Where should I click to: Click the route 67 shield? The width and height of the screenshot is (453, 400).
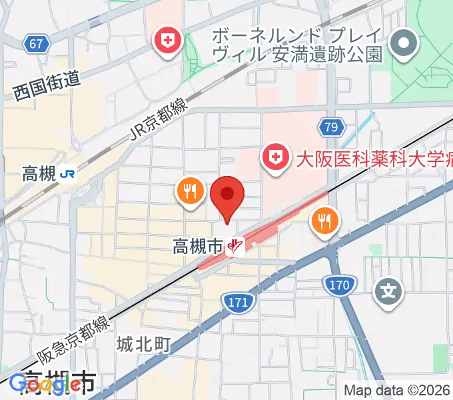(37, 45)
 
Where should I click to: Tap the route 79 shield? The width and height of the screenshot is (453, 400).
(331, 127)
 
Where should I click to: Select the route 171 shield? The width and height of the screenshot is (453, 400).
(236, 302)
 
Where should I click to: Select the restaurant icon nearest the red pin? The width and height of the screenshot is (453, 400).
(190, 193)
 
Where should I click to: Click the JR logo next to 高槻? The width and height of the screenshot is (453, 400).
(67, 175)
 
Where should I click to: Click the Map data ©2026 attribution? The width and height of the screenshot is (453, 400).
(396, 390)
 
